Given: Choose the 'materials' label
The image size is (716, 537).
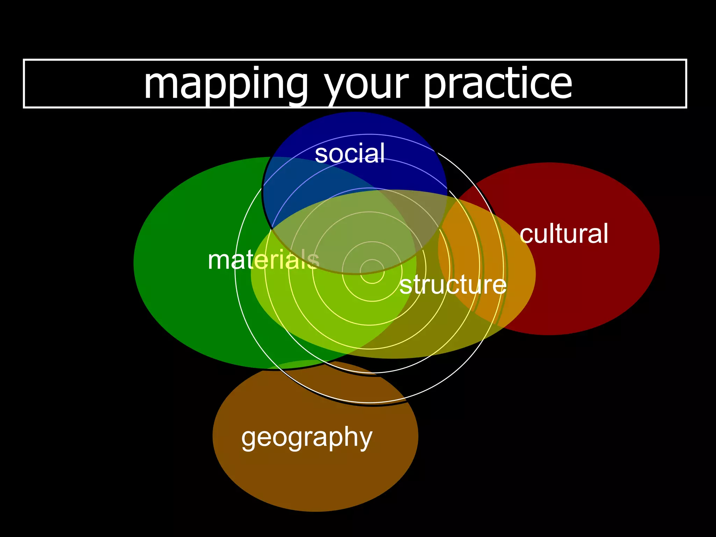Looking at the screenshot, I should (263, 260).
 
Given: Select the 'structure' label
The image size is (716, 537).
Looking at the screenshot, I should (453, 285).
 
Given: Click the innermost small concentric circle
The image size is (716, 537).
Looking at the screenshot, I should (372, 271).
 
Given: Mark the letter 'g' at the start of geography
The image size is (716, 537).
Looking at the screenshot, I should (249, 438).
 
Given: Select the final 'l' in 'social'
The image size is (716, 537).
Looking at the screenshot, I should (382, 152).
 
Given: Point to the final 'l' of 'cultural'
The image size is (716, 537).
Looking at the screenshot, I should (606, 233).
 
